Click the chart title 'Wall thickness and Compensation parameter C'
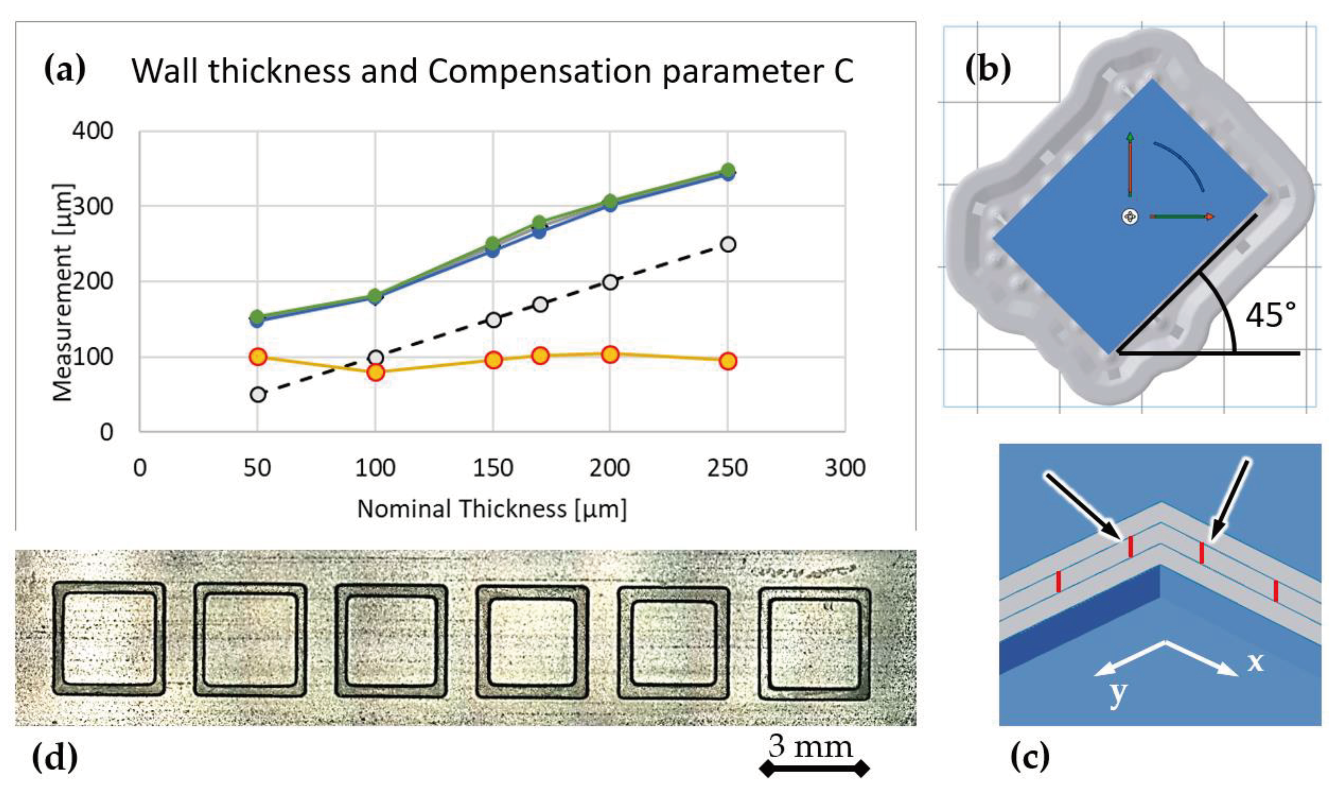[x=492, y=71]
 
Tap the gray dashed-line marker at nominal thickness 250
[x=728, y=245]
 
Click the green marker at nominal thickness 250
[x=728, y=170]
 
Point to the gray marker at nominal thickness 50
[x=258, y=395]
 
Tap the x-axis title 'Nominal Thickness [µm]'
[x=492, y=509]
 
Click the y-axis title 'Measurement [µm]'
[x=63, y=292]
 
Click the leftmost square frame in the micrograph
[x=109, y=638]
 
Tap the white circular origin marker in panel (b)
[x=1130, y=217]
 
